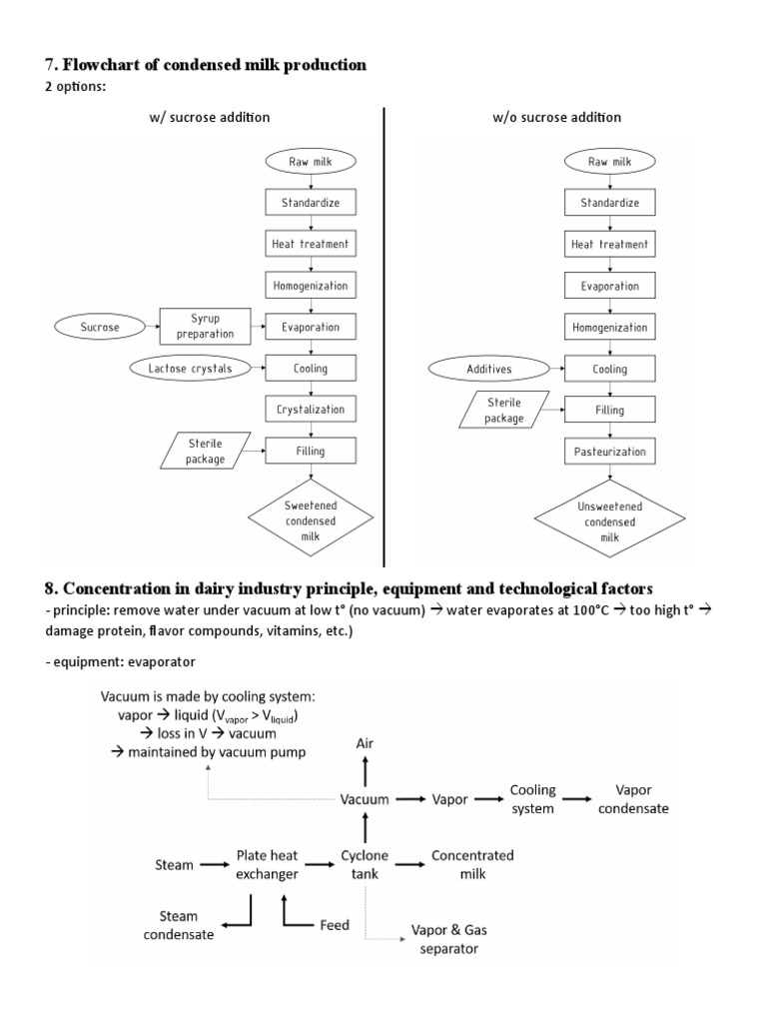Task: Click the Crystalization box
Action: tap(311, 410)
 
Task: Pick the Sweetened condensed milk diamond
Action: tap(311, 519)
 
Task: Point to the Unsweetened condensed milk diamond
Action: tap(610, 519)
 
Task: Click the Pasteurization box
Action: tap(610, 452)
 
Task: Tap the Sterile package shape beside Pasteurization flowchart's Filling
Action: tap(505, 411)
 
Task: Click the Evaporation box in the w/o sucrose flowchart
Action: tap(610, 286)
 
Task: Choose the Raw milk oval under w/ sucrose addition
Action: tap(311, 161)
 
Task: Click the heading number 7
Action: tap(49, 65)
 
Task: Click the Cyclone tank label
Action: tap(365, 865)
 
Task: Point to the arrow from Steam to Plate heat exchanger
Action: tap(214, 865)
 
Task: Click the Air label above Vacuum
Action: tap(366, 744)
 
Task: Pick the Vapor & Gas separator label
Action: tap(449, 939)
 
